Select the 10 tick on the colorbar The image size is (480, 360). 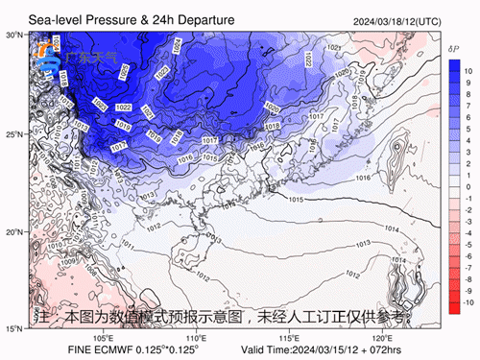pos(468,71)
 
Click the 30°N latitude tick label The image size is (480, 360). pos(14,35)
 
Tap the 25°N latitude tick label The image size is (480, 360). pos(14,133)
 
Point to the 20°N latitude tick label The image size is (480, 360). pos(14,231)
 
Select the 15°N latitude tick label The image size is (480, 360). pos(14,329)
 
